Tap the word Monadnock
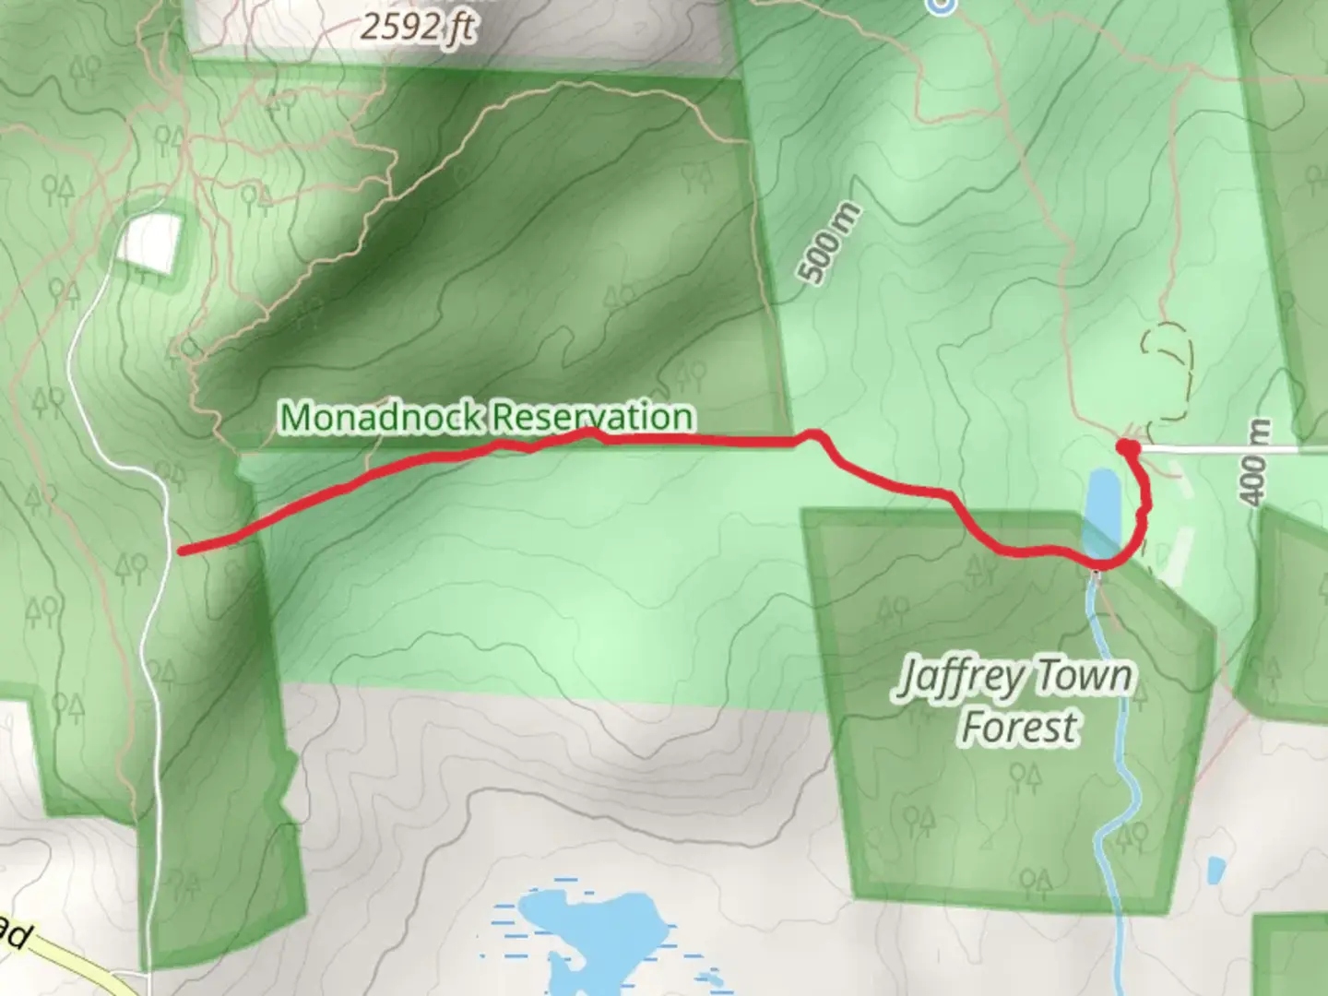point(381,417)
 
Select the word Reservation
point(590,417)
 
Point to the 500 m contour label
point(831,243)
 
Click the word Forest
point(1018,726)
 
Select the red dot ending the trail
point(1127,448)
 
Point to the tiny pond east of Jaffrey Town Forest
point(1216,869)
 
